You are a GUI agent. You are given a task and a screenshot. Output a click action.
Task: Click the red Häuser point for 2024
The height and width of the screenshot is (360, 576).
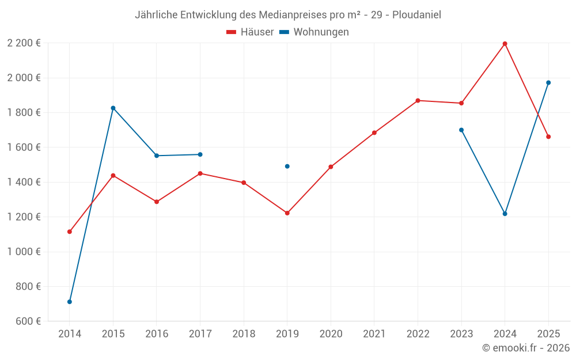pos(505,44)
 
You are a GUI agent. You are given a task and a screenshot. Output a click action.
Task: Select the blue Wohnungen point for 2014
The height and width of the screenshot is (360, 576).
pos(70,302)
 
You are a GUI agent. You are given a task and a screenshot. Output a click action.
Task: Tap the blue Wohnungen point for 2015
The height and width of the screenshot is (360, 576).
pos(113,108)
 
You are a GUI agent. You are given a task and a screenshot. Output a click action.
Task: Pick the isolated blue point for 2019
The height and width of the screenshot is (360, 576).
pos(287,166)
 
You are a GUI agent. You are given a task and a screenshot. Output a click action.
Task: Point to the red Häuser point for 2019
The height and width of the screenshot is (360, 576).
pos(287,213)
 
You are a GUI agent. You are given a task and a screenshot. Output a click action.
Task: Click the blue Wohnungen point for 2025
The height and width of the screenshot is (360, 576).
pos(548,82)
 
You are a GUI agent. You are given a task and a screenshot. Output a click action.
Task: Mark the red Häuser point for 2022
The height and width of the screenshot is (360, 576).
pos(418,101)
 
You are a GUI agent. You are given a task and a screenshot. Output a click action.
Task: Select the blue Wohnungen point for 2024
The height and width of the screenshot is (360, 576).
pos(505,214)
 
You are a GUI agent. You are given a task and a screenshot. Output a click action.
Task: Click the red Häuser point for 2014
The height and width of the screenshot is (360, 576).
pos(70,232)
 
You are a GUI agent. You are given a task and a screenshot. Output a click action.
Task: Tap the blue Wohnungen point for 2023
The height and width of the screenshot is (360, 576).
pos(461,130)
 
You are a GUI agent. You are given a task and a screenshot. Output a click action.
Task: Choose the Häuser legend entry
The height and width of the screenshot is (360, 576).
pos(250,32)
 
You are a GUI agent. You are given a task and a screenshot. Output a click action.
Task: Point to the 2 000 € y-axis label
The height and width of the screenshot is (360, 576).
pos(24,78)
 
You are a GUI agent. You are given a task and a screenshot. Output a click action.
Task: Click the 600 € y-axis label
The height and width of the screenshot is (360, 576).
pos(28,321)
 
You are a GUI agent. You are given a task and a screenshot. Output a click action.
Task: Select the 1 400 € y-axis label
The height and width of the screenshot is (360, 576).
pos(24,182)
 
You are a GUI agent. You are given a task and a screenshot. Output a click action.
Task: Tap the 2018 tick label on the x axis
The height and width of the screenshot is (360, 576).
pos(244,334)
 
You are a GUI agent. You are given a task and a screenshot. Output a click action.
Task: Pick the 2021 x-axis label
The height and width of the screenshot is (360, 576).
pos(374,334)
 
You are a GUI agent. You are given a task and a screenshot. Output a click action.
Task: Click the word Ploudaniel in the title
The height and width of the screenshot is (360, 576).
pos(417,15)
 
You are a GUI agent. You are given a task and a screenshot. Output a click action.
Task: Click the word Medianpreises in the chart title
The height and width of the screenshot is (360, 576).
pos(267,15)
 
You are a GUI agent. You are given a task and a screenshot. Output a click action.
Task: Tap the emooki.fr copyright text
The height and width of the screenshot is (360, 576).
pos(526,348)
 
